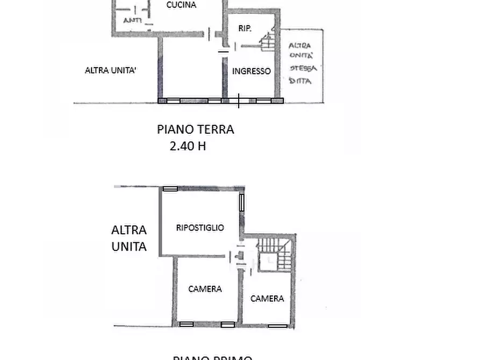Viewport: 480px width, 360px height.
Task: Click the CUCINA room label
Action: tap(181, 5)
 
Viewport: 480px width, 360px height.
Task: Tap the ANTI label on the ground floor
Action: tap(132, 20)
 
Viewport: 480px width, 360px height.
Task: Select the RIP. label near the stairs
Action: tap(245, 28)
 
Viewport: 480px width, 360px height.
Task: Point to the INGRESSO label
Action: tap(251, 71)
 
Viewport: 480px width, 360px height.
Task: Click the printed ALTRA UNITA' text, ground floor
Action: tap(110, 70)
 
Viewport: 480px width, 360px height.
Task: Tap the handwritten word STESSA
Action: tap(303, 68)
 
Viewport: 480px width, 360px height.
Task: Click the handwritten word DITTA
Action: tap(301, 81)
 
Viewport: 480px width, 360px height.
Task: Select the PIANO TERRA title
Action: tap(195, 129)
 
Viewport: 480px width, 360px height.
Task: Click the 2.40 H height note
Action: tap(188, 146)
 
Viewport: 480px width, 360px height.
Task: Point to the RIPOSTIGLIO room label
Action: tap(200, 228)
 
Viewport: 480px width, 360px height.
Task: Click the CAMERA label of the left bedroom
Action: tap(205, 289)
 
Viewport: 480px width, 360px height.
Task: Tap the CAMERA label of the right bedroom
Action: tap(267, 299)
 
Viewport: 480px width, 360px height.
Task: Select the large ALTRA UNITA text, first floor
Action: tap(129, 238)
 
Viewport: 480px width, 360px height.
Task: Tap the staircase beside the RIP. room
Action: tap(267, 41)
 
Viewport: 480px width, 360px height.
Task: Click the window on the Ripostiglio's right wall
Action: tap(242, 202)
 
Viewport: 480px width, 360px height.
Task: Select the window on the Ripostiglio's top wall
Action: tap(170, 189)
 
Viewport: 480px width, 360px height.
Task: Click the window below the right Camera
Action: tap(277, 326)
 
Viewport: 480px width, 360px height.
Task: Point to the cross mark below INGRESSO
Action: tap(239, 100)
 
